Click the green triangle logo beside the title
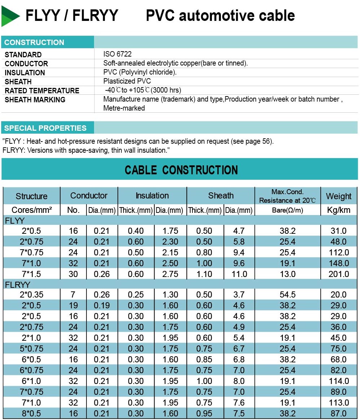pos(10,16)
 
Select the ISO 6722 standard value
pos(117,54)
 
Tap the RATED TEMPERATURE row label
pos(42,90)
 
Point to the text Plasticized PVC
pos(127,81)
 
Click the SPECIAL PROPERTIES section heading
pos(45,128)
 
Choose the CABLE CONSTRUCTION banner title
pos(181,170)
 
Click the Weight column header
pos(338,196)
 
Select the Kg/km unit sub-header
pos(338,210)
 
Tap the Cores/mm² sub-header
pos(32,210)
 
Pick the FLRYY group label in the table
pos(17,285)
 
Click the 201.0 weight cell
pos(338,274)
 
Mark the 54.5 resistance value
pos(287,295)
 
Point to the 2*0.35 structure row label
pos(32,295)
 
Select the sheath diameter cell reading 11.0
pos(239,274)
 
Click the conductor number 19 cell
pos(73,305)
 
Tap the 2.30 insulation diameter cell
pos(170,241)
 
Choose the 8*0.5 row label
pos(32,414)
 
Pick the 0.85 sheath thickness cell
pos(204,359)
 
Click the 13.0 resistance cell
pos(287,274)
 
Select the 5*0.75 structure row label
pos(32,349)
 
